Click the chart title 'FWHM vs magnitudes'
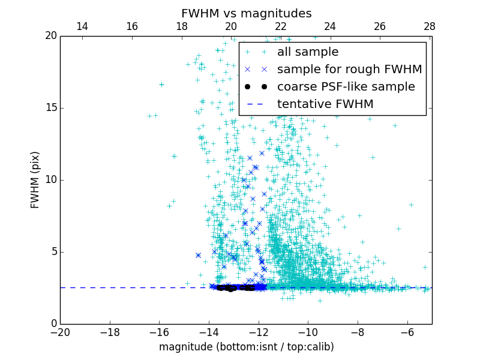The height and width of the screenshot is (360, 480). click(246, 13)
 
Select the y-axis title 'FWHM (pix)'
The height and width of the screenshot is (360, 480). click(35, 180)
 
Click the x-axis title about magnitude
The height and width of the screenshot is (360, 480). click(246, 347)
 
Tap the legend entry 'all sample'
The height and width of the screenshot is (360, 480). click(307, 52)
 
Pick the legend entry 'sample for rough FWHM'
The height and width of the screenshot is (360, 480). click(349, 70)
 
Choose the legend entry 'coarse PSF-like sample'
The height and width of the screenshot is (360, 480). click(346, 87)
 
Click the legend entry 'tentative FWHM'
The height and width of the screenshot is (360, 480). click(325, 104)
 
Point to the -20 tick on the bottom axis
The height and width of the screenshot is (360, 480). click(60, 332)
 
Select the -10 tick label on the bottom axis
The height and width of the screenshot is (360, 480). click(308, 332)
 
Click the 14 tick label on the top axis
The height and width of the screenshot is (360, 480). click(82, 26)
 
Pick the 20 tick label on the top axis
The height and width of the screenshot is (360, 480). click(231, 26)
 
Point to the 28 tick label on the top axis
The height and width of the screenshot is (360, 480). click(429, 26)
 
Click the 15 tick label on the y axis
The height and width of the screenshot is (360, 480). click(50, 108)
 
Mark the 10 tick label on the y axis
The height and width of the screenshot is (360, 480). click(50, 180)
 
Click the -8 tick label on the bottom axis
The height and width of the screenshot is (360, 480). click(357, 332)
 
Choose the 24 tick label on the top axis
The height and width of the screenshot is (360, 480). click(330, 26)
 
